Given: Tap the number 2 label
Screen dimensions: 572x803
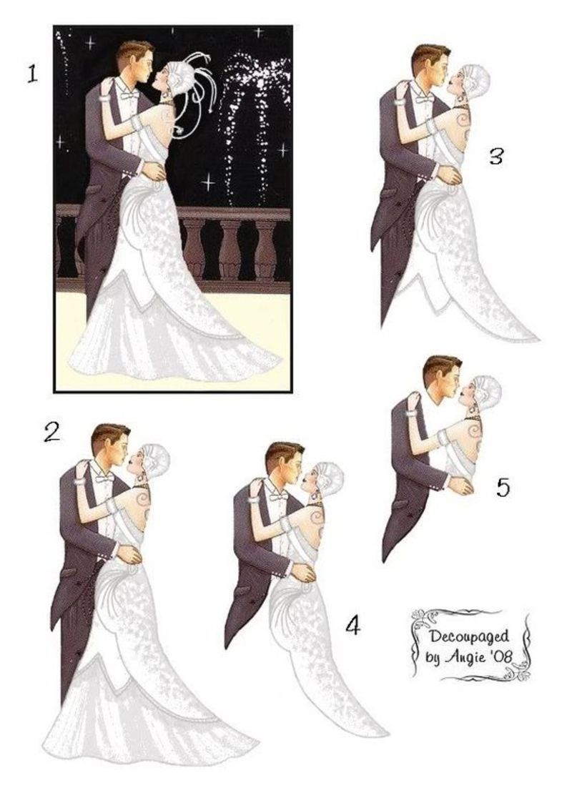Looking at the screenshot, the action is (51, 433).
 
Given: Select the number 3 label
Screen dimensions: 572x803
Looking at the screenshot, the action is (495, 157).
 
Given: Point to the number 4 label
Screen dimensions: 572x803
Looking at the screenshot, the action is (352, 625).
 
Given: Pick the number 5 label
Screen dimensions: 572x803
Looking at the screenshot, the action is (503, 487).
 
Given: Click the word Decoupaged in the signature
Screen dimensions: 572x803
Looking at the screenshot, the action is (468, 637).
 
